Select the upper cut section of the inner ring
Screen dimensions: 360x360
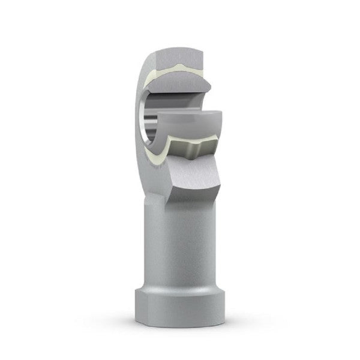coord(180,84)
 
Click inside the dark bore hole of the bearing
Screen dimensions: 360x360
coord(157,120)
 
